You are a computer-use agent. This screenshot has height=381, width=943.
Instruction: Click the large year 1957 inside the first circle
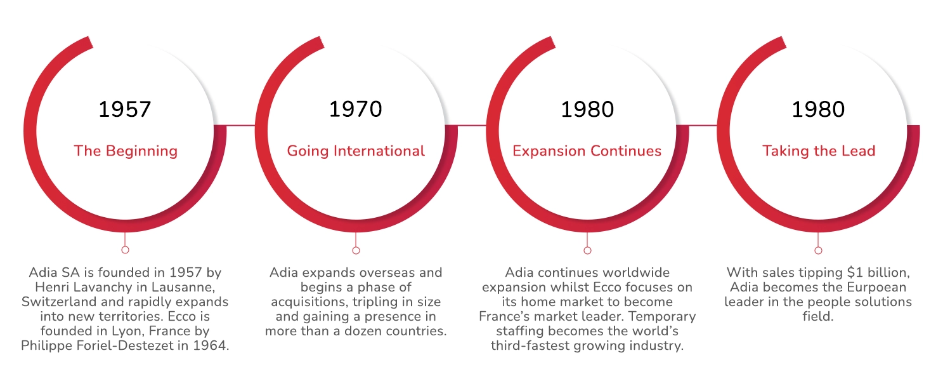[125, 109]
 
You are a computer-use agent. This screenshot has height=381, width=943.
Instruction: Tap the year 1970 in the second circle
[355, 109]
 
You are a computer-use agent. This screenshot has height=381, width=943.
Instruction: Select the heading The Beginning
[126, 151]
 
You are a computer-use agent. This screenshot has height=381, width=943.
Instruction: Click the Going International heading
[356, 151]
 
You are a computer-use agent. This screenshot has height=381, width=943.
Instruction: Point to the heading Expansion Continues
[587, 151]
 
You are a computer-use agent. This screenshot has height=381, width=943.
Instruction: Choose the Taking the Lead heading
[818, 151]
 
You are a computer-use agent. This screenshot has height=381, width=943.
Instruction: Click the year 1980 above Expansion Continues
[587, 109]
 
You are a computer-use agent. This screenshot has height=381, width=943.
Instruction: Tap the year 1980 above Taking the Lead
[818, 109]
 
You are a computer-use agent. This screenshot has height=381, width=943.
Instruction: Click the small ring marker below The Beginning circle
[125, 250]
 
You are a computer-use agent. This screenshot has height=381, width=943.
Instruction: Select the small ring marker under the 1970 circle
[356, 250]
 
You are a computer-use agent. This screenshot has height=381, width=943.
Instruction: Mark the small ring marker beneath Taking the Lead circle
[818, 250]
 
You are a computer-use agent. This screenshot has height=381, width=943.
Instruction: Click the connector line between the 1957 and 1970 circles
[240, 125]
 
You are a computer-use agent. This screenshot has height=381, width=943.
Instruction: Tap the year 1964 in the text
[212, 345]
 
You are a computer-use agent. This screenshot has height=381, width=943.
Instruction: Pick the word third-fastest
[531, 345]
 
